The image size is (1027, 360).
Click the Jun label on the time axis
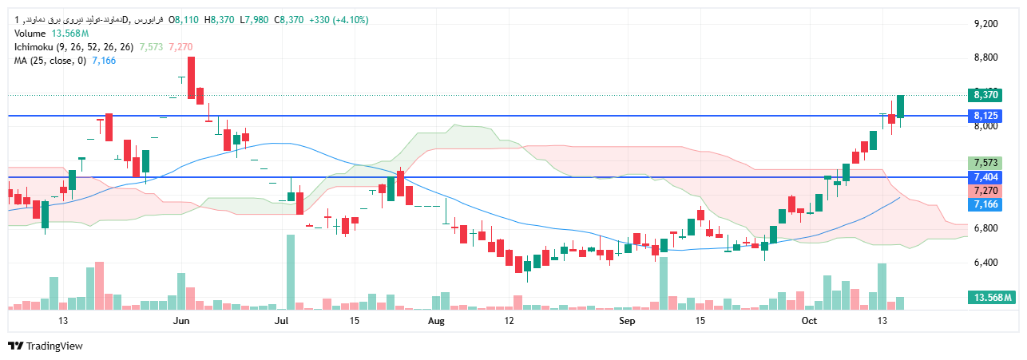(181, 321)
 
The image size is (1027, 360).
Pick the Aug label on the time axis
(435, 321)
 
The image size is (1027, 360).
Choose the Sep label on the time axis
(627, 321)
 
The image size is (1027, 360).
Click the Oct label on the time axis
(810, 321)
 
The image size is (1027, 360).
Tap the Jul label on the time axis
(280, 321)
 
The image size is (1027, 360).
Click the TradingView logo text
(54, 346)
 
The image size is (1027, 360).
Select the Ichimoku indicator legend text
(73, 47)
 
